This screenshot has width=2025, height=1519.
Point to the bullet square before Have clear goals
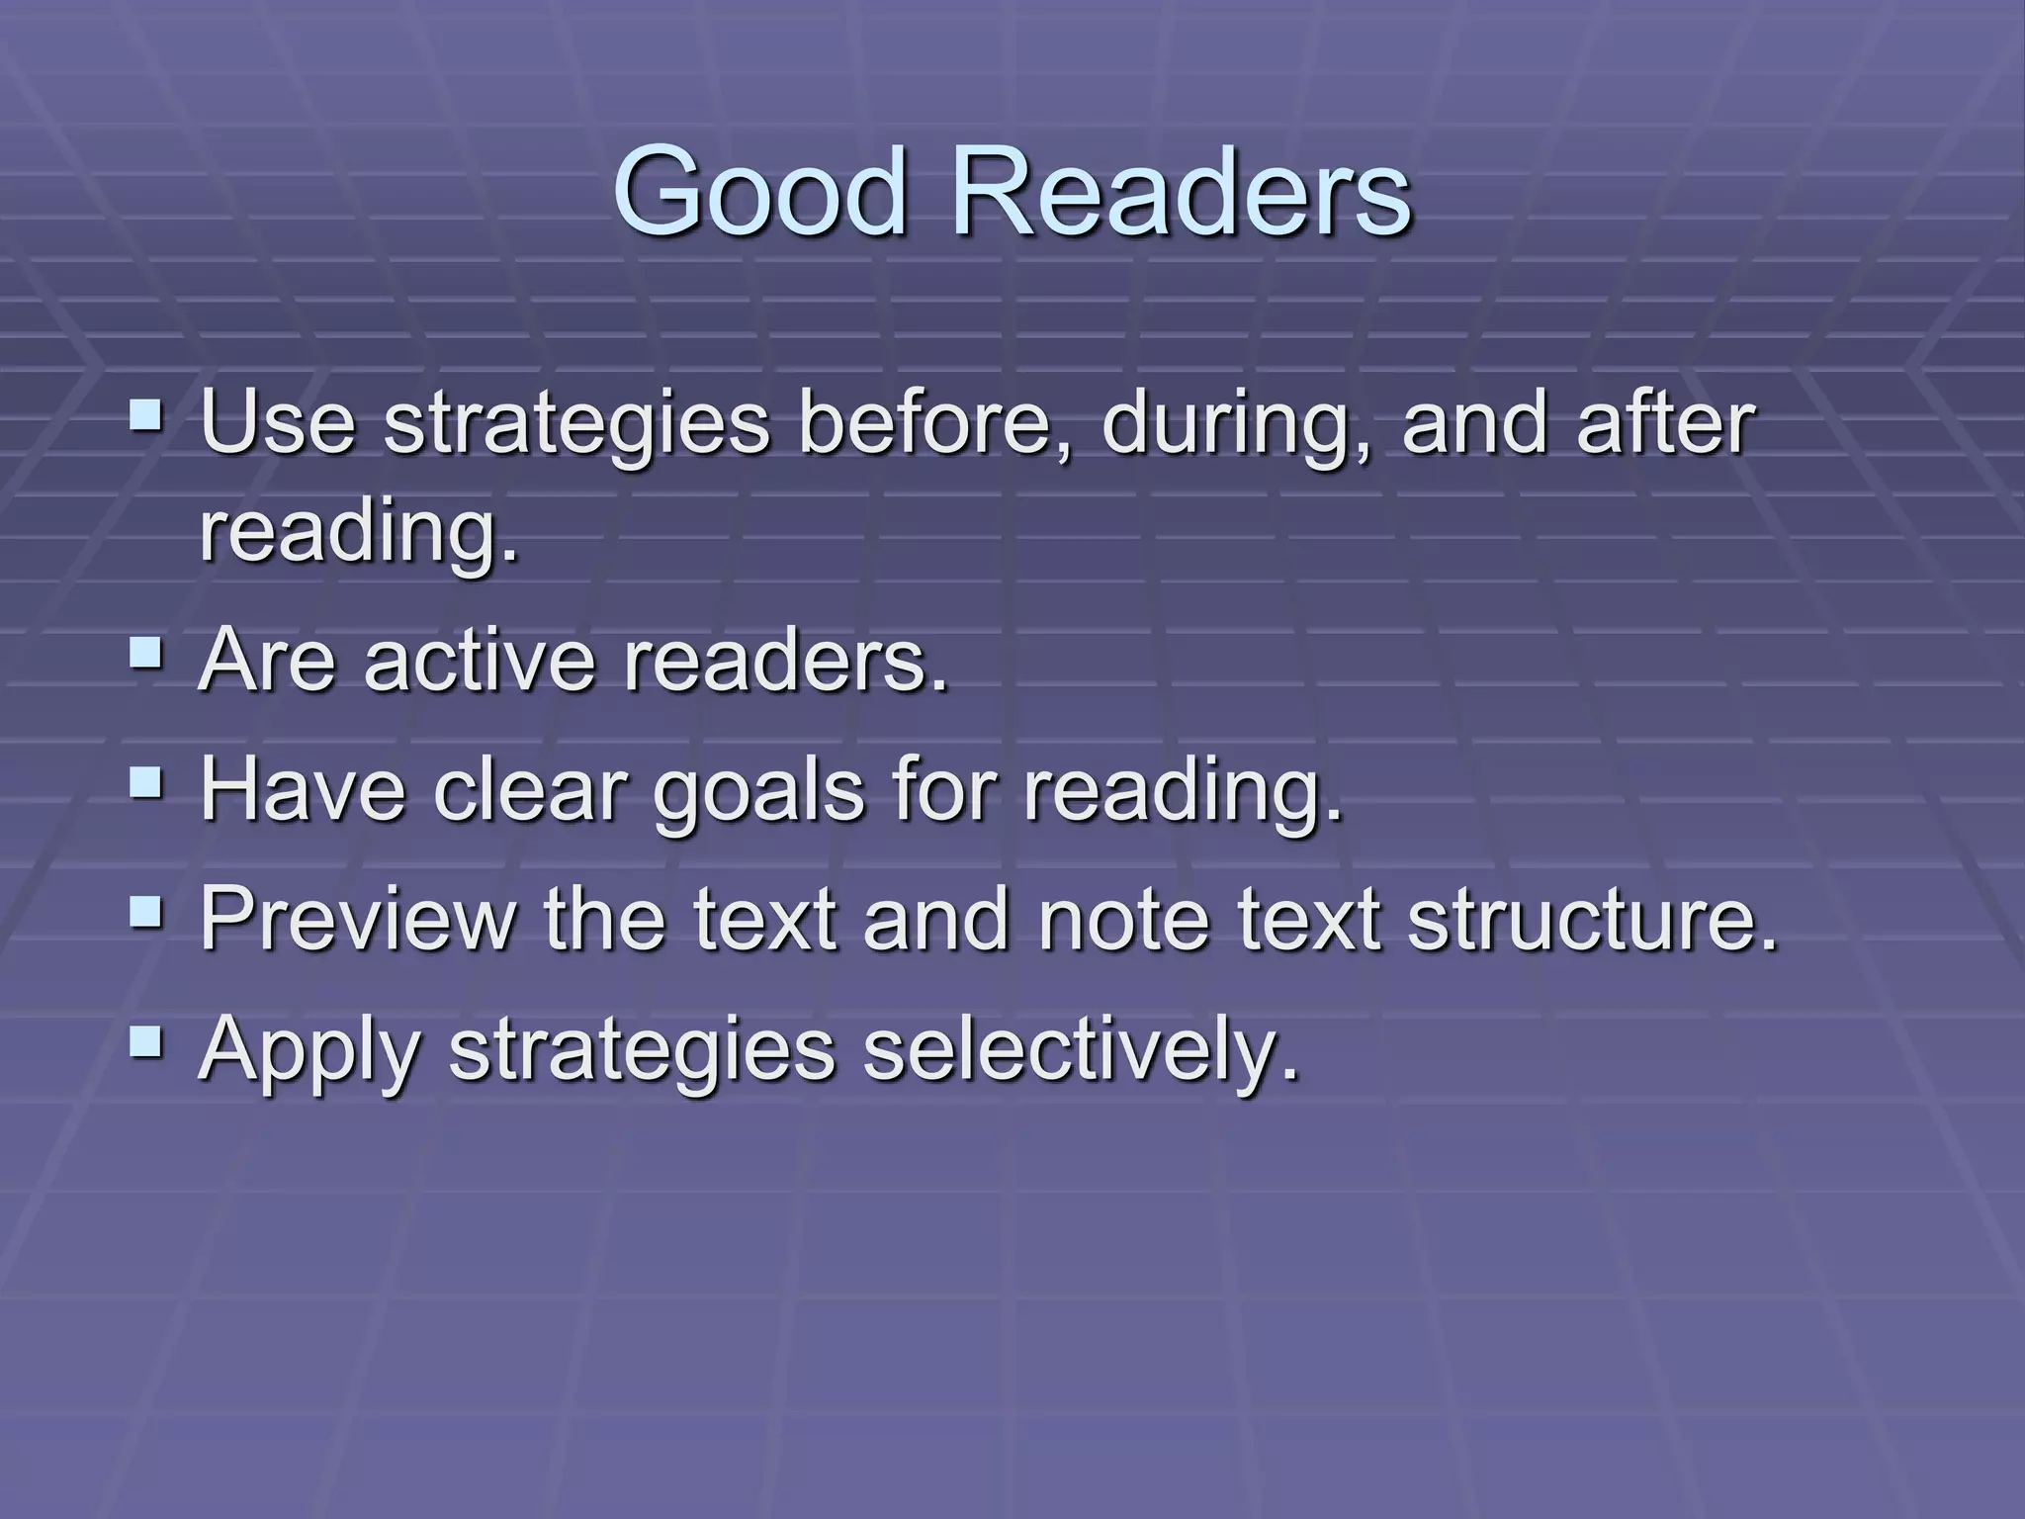click(x=147, y=782)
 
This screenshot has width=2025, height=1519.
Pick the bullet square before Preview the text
click(x=147, y=911)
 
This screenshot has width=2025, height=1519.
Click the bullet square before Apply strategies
click(x=147, y=1039)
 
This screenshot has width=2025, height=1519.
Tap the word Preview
click(x=357, y=918)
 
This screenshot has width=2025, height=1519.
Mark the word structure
click(x=1592, y=918)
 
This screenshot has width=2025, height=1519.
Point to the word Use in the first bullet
click(x=277, y=423)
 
